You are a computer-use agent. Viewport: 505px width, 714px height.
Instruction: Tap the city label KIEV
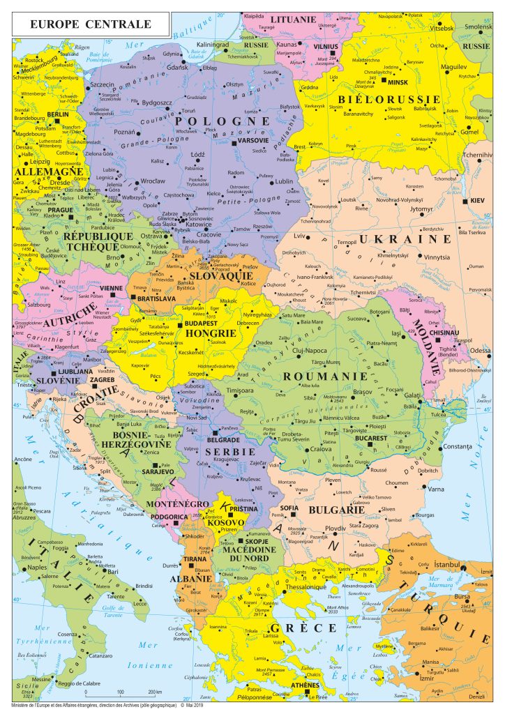(x=477, y=201)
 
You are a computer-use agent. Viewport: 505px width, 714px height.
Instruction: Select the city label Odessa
(x=480, y=350)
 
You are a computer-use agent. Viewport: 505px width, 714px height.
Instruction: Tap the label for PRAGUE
(x=60, y=210)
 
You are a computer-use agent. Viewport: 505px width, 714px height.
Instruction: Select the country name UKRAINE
(x=406, y=238)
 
